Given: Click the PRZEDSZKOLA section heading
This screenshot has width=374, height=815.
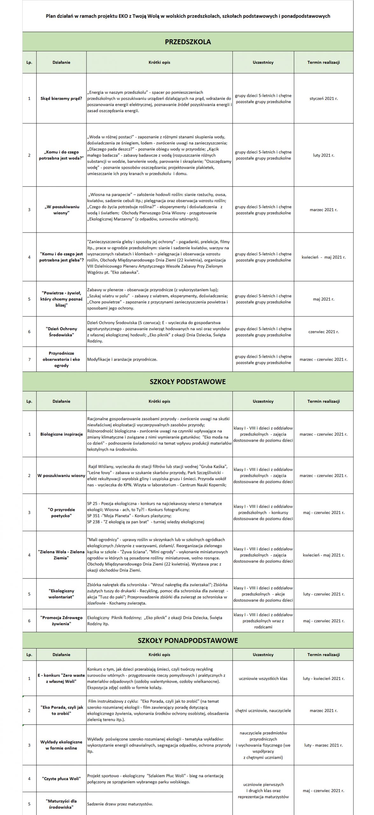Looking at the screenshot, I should click(188, 42).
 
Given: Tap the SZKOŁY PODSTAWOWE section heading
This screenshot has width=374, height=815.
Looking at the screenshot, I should click(187, 381).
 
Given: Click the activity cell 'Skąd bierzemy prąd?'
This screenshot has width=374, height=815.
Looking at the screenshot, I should click(61, 98).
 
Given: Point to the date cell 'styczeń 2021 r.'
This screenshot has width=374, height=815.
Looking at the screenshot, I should click(323, 98).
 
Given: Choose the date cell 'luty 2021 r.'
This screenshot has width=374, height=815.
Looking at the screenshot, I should click(323, 155).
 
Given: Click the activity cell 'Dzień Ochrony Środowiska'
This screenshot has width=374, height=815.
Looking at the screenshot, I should click(61, 332).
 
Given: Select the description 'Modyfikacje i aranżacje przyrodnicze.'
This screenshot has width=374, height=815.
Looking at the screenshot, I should click(122, 359).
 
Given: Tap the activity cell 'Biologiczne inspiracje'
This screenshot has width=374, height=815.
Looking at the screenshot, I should click(61, 434).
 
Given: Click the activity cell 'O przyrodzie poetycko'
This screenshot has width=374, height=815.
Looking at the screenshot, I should click(61, 513).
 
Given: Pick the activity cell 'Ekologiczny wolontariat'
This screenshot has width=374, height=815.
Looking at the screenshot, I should click(61, 594).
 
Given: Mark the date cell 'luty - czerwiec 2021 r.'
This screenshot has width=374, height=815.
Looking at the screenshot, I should click(323, 594).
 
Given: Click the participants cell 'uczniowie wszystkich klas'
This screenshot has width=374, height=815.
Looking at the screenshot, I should click(263, 678).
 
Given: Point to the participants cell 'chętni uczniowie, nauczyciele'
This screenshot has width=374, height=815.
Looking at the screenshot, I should click(263, 711).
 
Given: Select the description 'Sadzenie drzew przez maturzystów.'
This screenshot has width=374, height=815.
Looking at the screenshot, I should click(120, 804).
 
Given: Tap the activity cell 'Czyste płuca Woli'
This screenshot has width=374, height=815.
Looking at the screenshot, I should click(61, 779).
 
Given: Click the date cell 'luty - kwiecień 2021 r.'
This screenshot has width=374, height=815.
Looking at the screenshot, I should click(323, 678).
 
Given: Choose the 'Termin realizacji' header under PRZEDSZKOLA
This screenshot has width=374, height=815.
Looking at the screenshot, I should click(323, 62).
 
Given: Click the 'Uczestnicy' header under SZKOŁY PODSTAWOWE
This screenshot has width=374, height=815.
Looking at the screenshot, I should click(263, 401).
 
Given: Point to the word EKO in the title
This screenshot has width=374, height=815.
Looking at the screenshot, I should click(124, 16).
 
